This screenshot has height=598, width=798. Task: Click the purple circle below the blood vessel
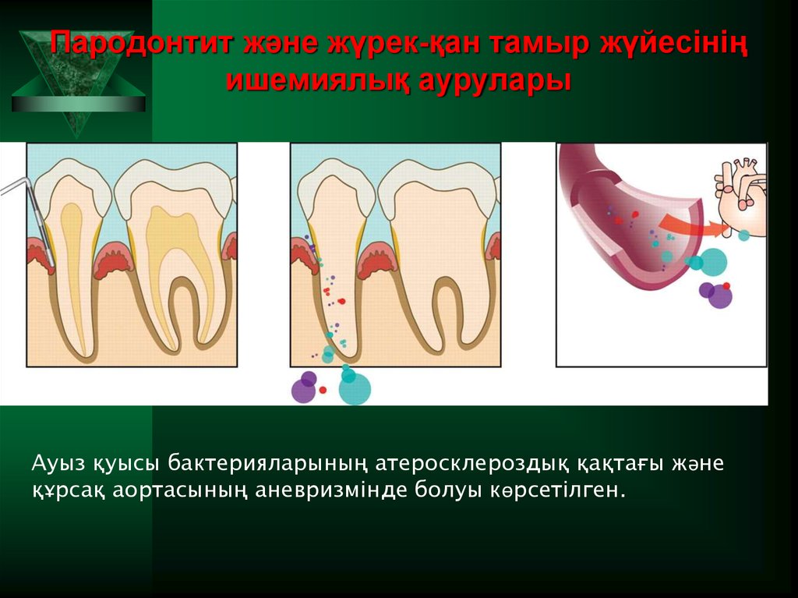point(719,295)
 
